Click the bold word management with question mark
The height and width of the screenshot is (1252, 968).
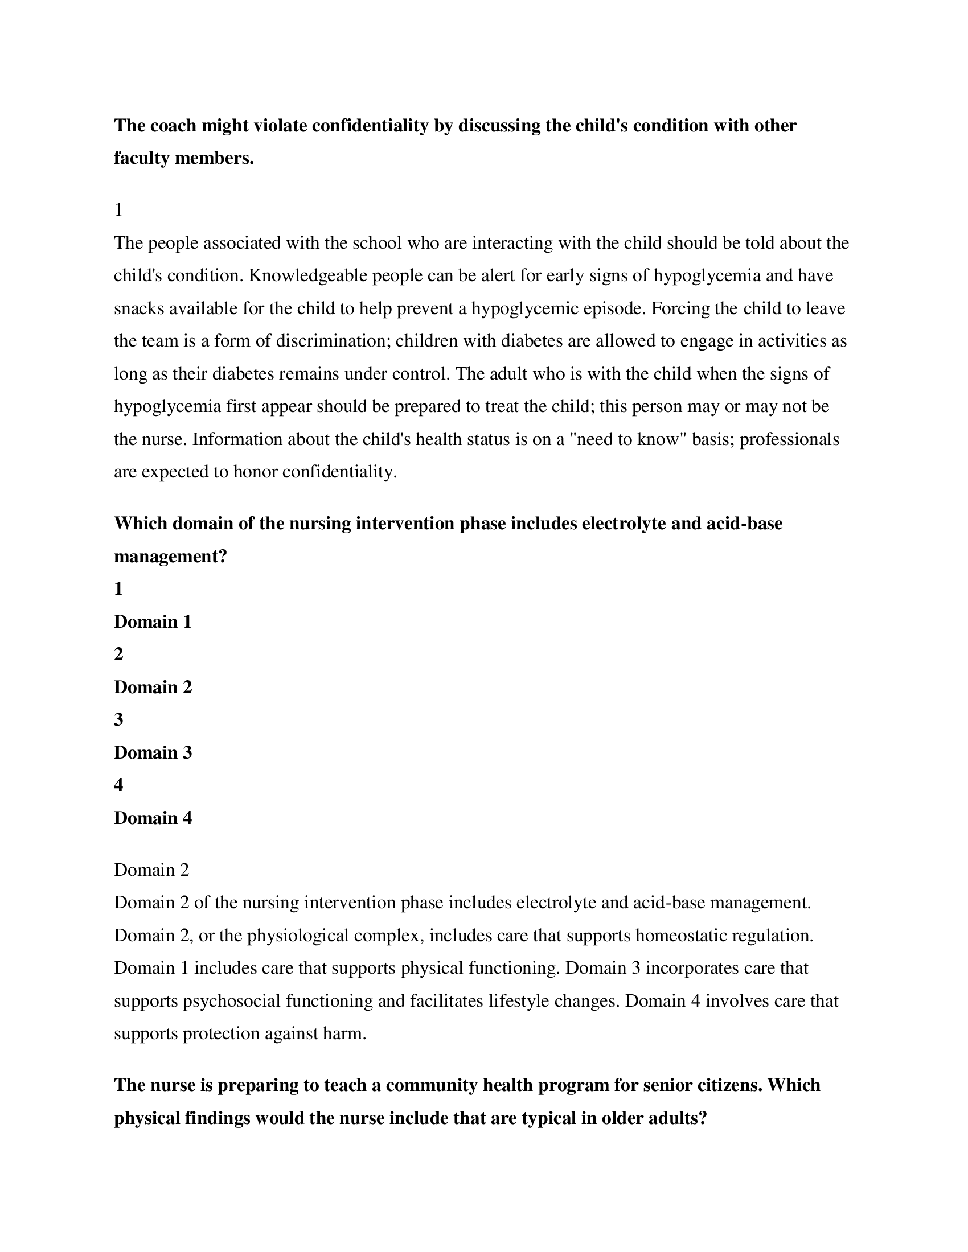[170, 556]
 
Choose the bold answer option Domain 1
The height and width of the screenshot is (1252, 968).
[153, 621]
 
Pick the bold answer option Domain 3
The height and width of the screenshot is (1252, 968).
[153, 752]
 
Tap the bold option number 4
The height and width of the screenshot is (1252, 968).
[118, 785]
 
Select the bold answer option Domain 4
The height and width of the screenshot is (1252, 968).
[153, 817]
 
